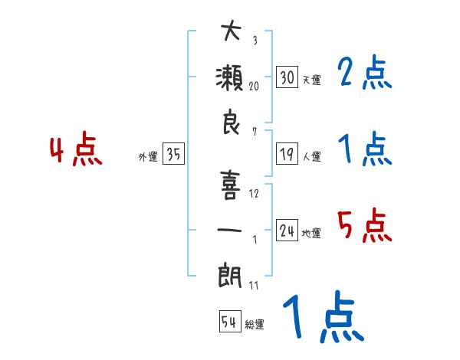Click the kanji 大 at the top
coord(230,31)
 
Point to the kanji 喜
coord(230,183)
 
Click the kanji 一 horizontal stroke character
coord(230,230)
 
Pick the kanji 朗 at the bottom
coord(230,274)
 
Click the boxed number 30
coord(287,77)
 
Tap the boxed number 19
coord(287,153)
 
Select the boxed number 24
coord(287,230)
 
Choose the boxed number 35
coord(173,154)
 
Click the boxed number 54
coord(229,322)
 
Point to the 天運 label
coord(311,80)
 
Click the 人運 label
coord(311,157)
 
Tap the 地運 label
coord(311,234)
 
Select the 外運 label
coord(148,157)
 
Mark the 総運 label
coord(255,325)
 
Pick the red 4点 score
coord(76,150)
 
